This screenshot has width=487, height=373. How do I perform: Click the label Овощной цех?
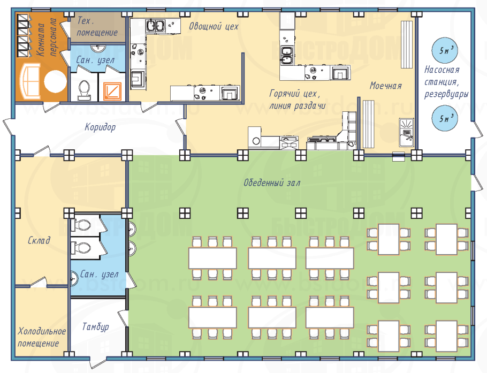pyautogui.click(x=214, y=26)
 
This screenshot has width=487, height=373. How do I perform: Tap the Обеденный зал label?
pyautogui.click(x=272, y=182)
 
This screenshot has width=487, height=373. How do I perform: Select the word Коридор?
pyautogui.click(x=100, y=127)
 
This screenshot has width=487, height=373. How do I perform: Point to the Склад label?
pyautogui.click(x=39, y=240)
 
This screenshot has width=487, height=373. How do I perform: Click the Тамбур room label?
pyautogui.click(x=96, y=327)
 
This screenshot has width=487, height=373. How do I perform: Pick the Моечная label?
pyautogui.click(x=386, y=86)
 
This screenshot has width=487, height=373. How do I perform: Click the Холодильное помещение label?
pyautogui.click(x=42, y=337)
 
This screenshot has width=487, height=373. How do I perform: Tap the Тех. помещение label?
pyautogui.click(x=97, y=27)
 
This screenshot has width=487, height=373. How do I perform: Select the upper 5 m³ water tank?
pyautogui.click(x=445, y=50)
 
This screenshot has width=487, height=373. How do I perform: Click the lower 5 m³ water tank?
pyautogui.click(x=445, y=118)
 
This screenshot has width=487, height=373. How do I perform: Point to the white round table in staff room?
pyautogui.click(x=56, y=82)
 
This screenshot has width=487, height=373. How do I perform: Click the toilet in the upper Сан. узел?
pyautogui.click(x=83, y=90)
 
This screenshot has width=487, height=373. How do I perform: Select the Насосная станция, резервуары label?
pyautogui.click(x=446, y=82)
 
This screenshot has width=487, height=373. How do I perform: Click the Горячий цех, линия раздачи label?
pyautogui.click(x=297, y=100)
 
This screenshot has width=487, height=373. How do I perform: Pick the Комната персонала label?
pyautogui.click(x=47, y=37)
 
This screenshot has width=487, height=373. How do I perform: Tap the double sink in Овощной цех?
pyautogui.click(x=155, y=26)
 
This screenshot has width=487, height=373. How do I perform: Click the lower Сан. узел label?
pyautogui.click(x=100, y=274)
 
